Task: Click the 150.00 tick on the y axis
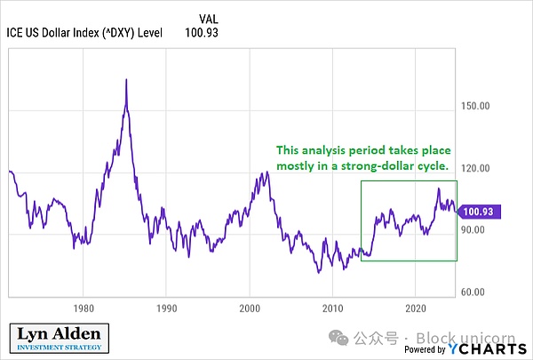[x=478, y=106]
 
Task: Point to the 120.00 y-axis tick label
[x=478, y=168]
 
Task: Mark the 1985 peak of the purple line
[x=126, y=80]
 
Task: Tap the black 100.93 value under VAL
[x=201, y=34]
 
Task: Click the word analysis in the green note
[x=332, y=149]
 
